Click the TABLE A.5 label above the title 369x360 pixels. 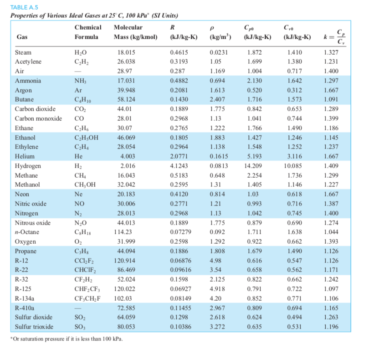point(23,6)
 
